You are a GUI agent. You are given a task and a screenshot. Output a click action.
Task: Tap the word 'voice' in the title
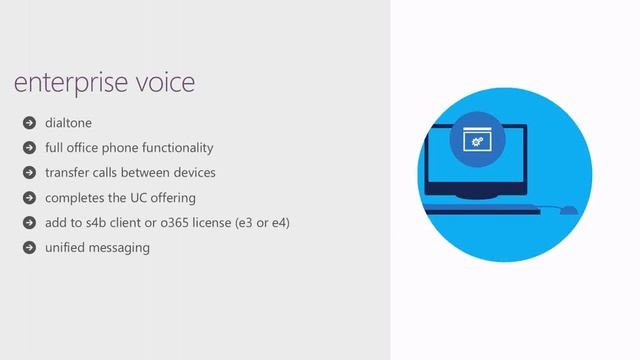point(162,82)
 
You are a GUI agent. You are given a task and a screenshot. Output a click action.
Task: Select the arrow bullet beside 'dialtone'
point(29,124)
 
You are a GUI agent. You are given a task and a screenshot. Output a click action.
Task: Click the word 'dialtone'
point(68,124)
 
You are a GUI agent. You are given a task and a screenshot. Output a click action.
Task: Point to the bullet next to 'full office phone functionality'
point(29,149)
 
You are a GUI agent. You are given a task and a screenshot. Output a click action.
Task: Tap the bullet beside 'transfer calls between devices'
point(29,173)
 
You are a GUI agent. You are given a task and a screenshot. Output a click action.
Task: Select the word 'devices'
point(193,173)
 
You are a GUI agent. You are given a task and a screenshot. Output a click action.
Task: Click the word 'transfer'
point(67,173)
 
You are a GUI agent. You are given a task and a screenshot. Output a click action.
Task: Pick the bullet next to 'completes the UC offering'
point(29,198)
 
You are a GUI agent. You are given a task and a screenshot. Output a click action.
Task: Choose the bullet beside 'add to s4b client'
point(29,222)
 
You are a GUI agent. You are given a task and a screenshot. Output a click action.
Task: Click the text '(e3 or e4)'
point(261,221)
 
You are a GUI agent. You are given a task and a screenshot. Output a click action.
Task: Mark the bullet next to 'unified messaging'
point(29,247)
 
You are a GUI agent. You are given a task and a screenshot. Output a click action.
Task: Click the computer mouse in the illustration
point(567,210)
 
